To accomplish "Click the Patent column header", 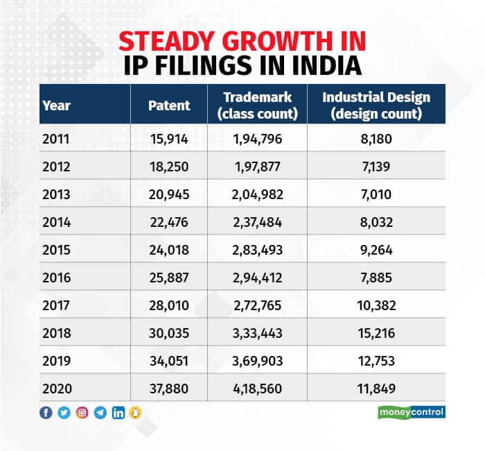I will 169,106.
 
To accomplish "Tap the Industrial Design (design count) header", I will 376,105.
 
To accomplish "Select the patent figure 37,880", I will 169,389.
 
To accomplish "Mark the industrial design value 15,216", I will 376,334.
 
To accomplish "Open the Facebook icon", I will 46,413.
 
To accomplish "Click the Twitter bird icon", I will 64,413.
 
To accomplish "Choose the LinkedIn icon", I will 118,413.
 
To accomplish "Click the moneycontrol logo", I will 416,413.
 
